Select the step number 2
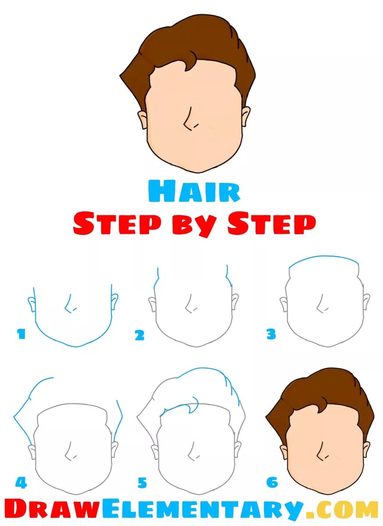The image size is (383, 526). pyautogui.click(x=139, y=336)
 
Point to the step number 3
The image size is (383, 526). pyautogui.click(x=271, y=335)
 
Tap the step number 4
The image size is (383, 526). pyautogui.click(x=21, y=483)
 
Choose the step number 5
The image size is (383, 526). pyautogui.click(x=142, y=483)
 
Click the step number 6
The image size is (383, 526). pyautogui.click(x=272, y=483)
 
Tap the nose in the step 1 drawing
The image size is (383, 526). pyautogui.click(x=69, y=305)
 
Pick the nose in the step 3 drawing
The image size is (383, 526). pyautogui.click(x=322, y=305)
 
